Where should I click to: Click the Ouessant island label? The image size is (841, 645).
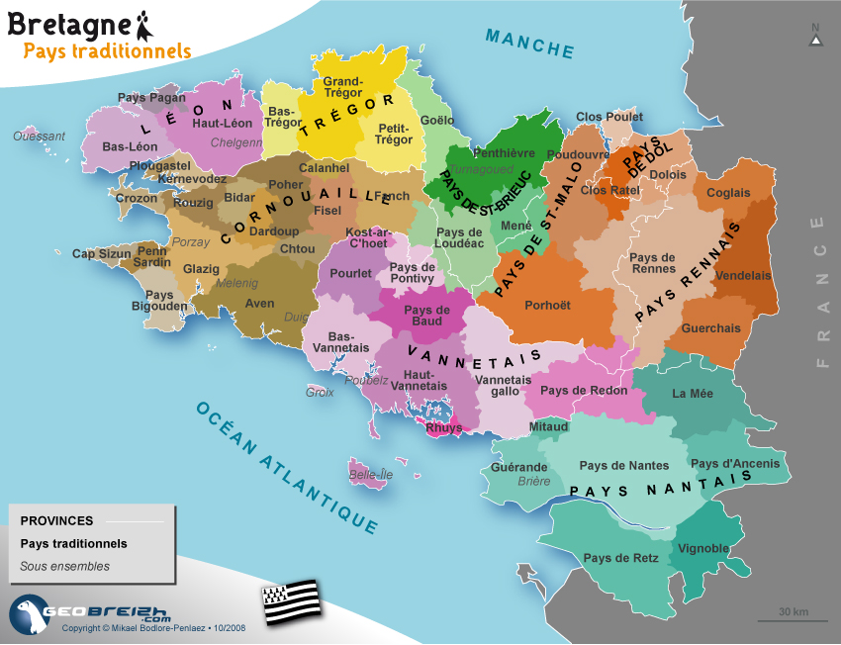point(39,137)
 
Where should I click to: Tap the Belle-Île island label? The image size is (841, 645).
point(371,475)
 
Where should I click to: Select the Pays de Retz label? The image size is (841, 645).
point(620,558)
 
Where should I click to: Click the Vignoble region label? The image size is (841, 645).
point(703,548)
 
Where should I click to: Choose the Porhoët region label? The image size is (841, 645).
point(547,305)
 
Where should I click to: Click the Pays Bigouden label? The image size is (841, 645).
point(159,301)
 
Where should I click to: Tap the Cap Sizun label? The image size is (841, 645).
point(101,254)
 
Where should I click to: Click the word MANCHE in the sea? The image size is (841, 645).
point(529,44)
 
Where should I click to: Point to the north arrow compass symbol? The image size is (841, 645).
point(814,37)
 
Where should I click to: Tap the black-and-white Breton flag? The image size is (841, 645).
point(292,598)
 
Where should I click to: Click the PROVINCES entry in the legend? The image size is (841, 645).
point(56,520)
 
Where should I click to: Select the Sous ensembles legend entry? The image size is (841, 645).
point(64,567)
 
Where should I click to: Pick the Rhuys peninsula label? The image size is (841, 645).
point(443,428)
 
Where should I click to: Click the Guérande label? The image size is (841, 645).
point(519,467)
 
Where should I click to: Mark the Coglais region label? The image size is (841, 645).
point(728,193)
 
